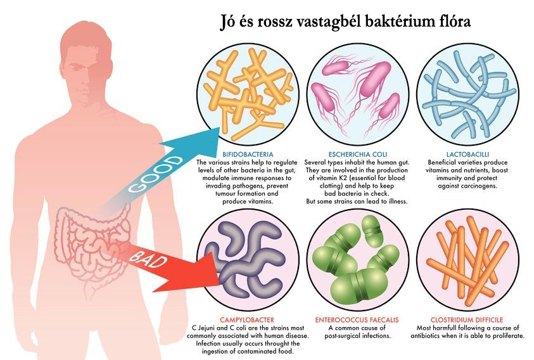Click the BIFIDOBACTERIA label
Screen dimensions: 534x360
click(x=248, y=154)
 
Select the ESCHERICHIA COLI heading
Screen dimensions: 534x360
click(x=358, y=154)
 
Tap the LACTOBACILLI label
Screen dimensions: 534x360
click(x=467, y=154)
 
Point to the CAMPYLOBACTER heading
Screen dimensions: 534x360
click(x=247, y=320)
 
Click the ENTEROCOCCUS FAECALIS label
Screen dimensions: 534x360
click(x=357, y=320)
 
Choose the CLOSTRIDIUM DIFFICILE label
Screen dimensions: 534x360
click(x=467, y=320)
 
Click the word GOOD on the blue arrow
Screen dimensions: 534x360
click(x=156, y=174)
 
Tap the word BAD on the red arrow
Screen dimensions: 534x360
click(x=148, y=259)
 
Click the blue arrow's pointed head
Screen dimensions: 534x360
click(x=220, y=128)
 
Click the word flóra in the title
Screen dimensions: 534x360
click(x=453, y=21)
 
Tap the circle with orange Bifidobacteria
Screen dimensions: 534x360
click(x=248, y=95)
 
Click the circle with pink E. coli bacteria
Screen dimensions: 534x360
click(x=358, y=95)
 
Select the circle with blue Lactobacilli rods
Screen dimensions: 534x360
click(x=468, y=95)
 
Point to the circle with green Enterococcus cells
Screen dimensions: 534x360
click(x=358, y=260)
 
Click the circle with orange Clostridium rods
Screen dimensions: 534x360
click(x=468, y=260)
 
